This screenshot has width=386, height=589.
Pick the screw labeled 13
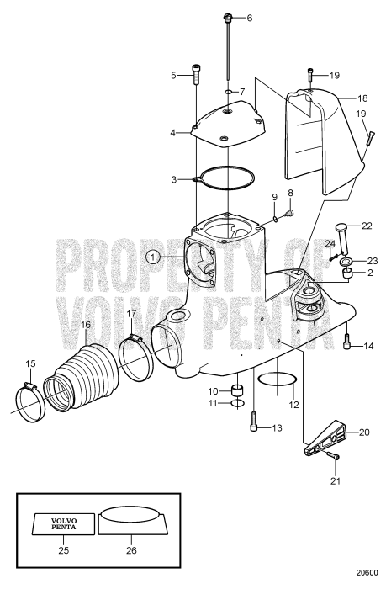pos(255,425)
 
